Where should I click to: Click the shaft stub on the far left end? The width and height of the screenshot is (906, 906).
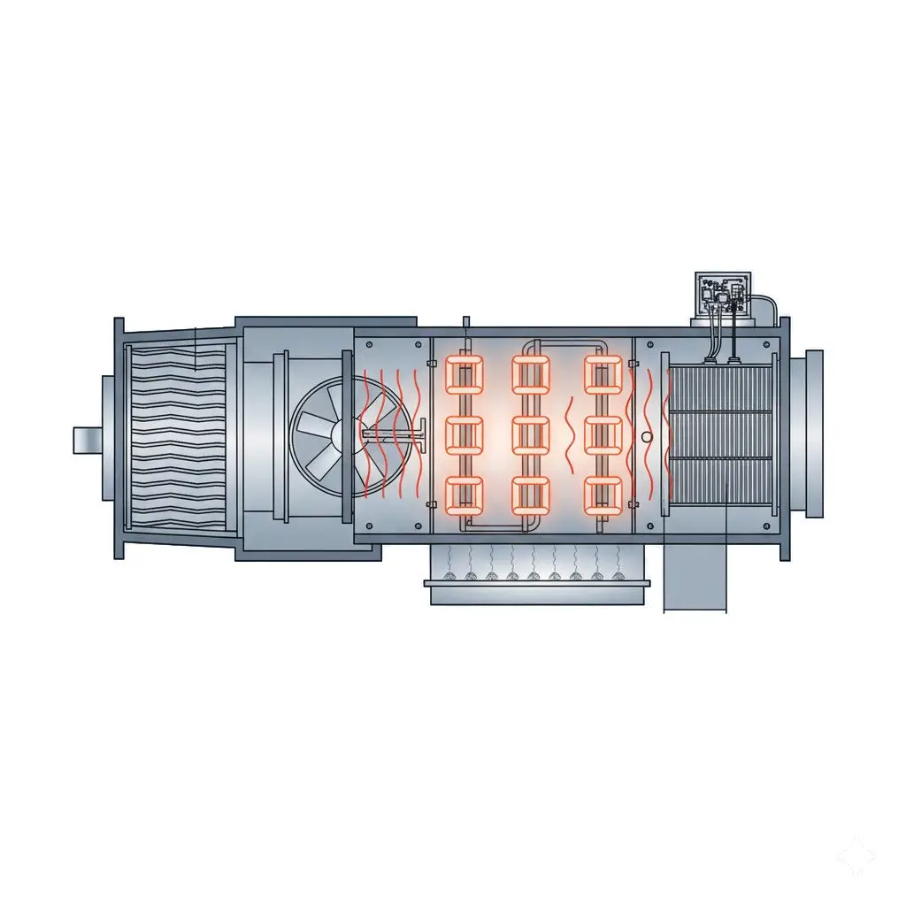click(87, 440)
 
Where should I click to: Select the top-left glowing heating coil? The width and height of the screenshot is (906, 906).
click(465, 375)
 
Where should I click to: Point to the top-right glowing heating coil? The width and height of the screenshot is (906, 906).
click(604, 375)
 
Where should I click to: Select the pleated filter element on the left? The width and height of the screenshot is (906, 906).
click(177, 440)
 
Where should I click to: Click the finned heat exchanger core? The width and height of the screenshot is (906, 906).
click(721, 434)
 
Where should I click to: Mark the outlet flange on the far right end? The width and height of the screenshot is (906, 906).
click(814, 434)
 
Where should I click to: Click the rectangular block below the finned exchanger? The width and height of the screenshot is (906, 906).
click(695, 577)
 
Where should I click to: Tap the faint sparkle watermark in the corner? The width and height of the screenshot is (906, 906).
click(856, 855)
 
